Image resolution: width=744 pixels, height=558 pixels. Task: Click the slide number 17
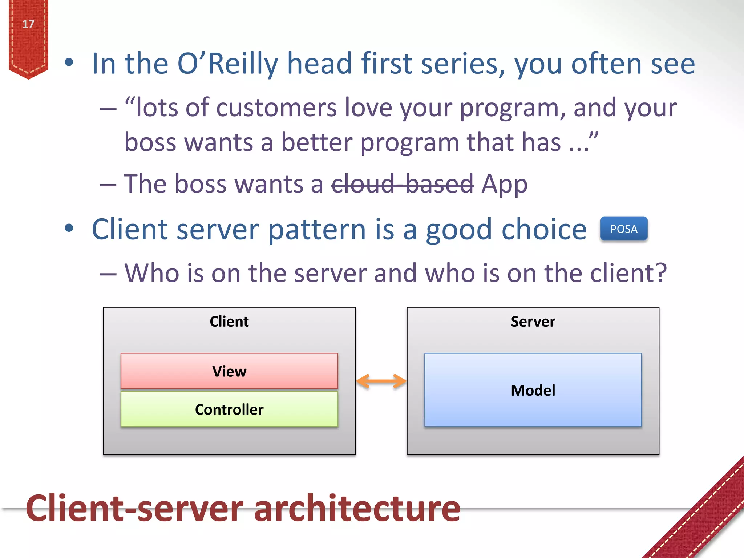[28, 24]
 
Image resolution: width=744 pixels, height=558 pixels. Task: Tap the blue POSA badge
[623, 229]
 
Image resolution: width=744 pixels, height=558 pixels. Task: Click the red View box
[229, 371]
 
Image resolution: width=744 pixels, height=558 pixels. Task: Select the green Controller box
[229, 409]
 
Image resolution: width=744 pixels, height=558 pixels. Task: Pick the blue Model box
[533, 390]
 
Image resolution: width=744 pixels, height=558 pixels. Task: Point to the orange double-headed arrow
[381, 381]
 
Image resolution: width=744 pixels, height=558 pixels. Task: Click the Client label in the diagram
[229, 322]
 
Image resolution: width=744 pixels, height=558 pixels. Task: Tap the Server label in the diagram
[533, 322]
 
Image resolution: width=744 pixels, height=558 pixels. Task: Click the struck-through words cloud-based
[402, 183]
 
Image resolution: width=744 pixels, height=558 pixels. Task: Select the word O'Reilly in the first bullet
[227, 64]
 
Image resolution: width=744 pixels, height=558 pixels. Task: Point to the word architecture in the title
[357, 508]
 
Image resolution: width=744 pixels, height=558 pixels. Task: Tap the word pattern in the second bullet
[317, 230]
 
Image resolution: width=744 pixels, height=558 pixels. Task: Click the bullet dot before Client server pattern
[69, 228]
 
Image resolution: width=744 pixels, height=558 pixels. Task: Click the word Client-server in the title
[134, 508]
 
